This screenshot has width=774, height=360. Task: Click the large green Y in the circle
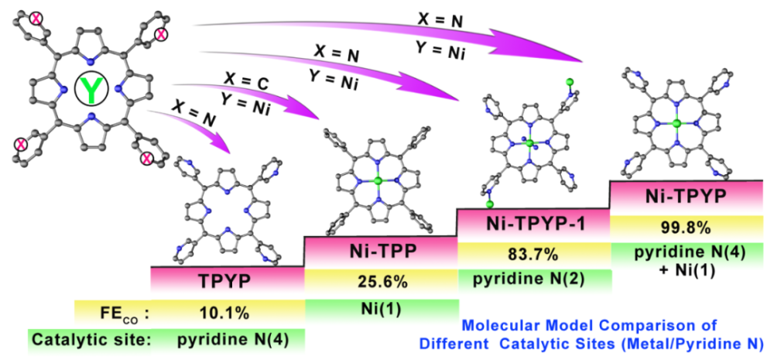coord(89,91)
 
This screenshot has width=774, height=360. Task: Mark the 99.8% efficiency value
coord(687,228)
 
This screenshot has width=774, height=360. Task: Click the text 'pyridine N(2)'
coord(535,279)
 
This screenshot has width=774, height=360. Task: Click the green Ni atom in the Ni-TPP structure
coord(378,181)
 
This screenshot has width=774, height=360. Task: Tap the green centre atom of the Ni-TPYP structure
coord(677,123)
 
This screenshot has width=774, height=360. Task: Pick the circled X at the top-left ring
coord(36,19)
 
